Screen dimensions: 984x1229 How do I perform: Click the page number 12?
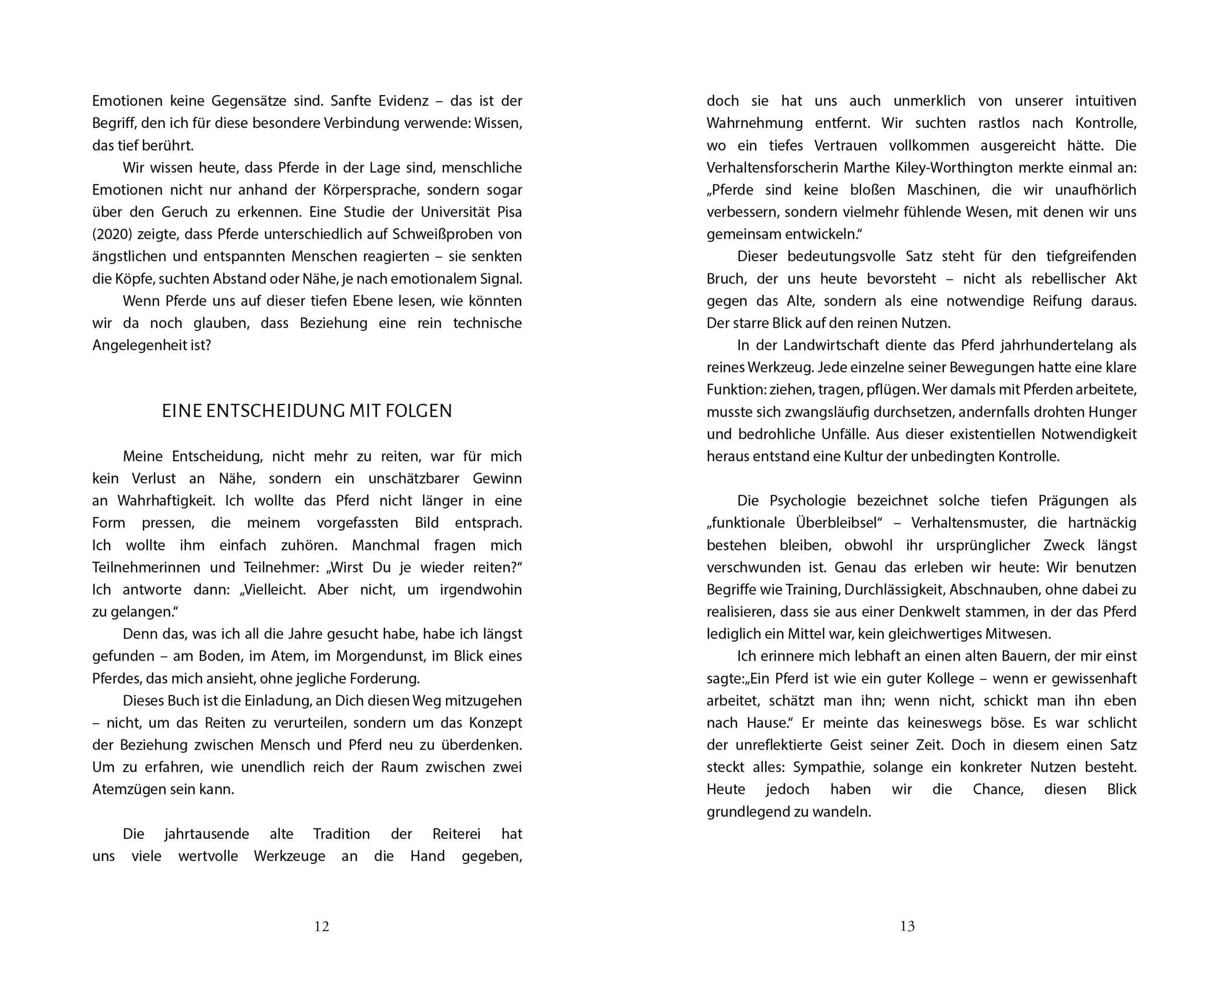[322, 926]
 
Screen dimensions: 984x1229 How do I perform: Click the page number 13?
[907, 926]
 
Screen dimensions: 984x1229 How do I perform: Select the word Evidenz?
[403, 101]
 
